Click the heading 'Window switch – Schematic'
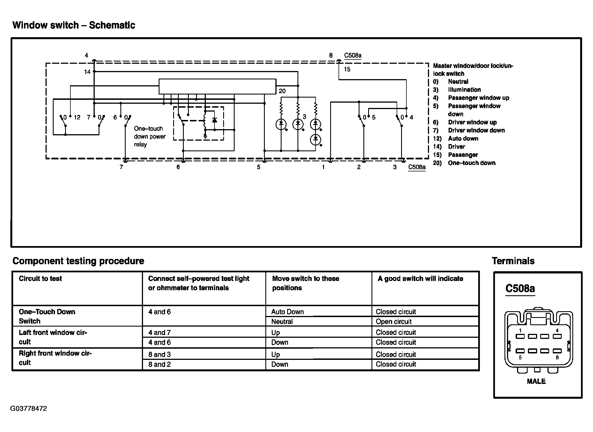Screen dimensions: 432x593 click(x=74, y=25)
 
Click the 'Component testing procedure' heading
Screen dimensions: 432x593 click(x=78, y=261)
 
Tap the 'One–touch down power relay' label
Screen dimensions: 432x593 click(x=149, y=136)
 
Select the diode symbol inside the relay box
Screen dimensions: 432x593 click(x=215, y=120)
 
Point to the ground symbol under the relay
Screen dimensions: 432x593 click(x=205, y=137)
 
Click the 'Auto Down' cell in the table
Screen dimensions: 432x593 click(x=287, y=312)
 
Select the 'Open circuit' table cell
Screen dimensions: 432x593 click(x=394, y=322)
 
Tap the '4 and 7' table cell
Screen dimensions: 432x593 click(x=159, y=332)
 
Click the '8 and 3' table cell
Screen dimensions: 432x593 click(x=159, y=355)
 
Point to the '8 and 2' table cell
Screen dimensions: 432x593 click(x=159, y=364)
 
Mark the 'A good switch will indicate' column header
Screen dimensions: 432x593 click(x=420, y=278)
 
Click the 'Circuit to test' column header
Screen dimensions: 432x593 click(x=40, y=278)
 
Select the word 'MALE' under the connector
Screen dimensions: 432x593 click(x=536, y=381)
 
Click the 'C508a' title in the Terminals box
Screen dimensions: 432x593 click(x=520, y=288)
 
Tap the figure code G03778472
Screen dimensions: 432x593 click(x=28, y=409)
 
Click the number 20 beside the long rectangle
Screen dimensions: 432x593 click(x=282, y=91)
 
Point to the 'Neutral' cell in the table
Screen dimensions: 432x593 click(x=282, y=322)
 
